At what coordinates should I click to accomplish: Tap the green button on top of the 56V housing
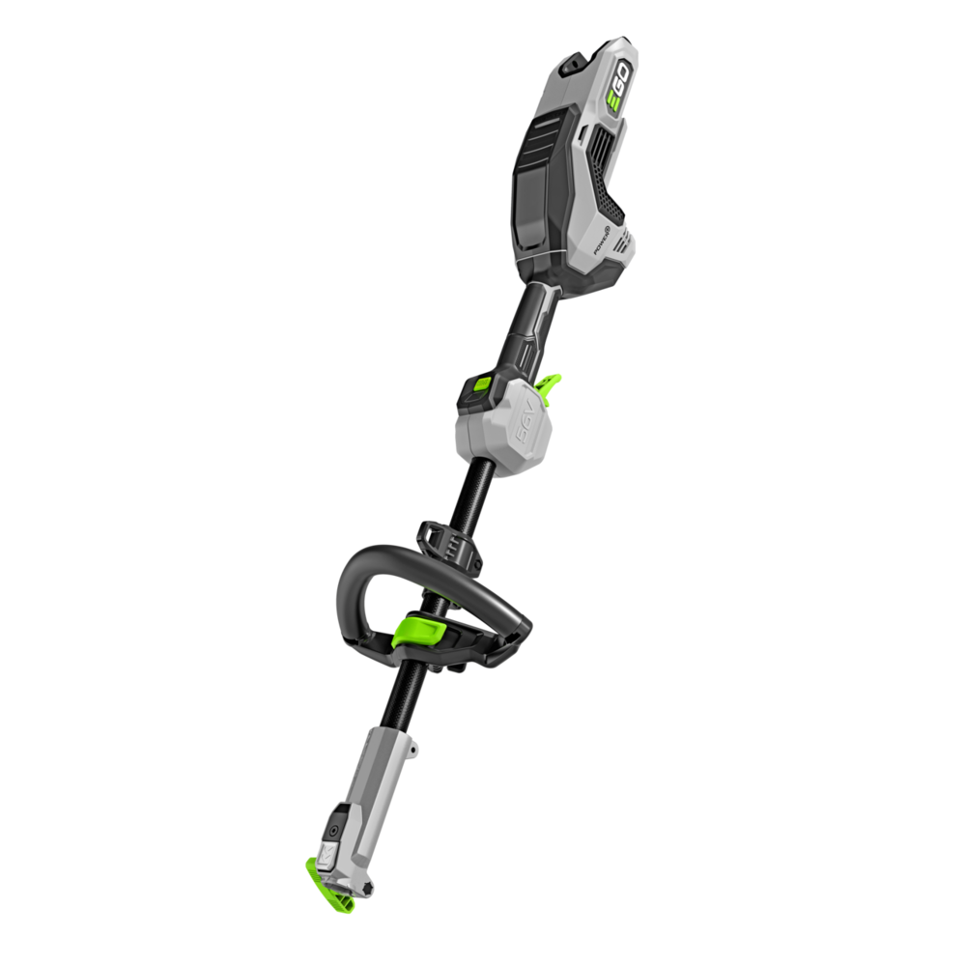[x=477, y=387]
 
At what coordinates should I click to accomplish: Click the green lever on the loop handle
[x=418, y=633]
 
